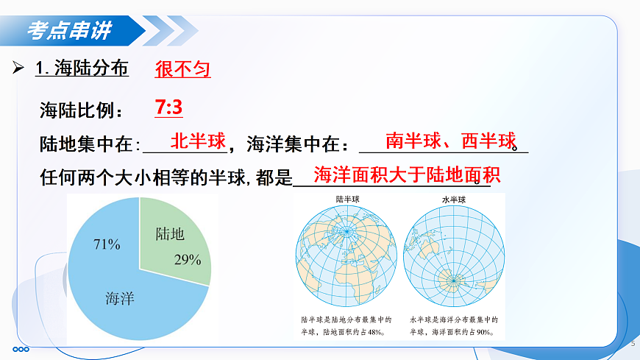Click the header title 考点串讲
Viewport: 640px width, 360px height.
(70, 31)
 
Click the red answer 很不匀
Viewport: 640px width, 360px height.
(182, 69)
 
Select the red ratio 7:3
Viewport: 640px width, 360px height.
(168, 108)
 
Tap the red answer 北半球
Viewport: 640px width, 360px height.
(198, 141)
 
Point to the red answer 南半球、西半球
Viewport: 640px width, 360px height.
(451, 141)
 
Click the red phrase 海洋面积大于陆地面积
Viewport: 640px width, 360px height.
(407, 175)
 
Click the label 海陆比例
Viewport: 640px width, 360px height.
(82, 111)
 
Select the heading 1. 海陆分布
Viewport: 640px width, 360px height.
(82, 69)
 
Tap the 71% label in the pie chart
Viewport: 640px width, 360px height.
(107, 244)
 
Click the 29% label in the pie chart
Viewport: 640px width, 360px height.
(188, 259)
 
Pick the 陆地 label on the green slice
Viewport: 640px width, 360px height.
(170, 234)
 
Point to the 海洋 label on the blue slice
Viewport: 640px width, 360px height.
(120, 299)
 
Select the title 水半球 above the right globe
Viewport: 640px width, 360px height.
(453, 200)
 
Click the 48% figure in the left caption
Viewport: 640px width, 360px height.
(377, 331)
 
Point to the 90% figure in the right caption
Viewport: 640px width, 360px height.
(484, 331)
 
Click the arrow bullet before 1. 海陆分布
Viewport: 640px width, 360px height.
(19, 68)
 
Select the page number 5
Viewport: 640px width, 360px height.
(633, 344)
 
